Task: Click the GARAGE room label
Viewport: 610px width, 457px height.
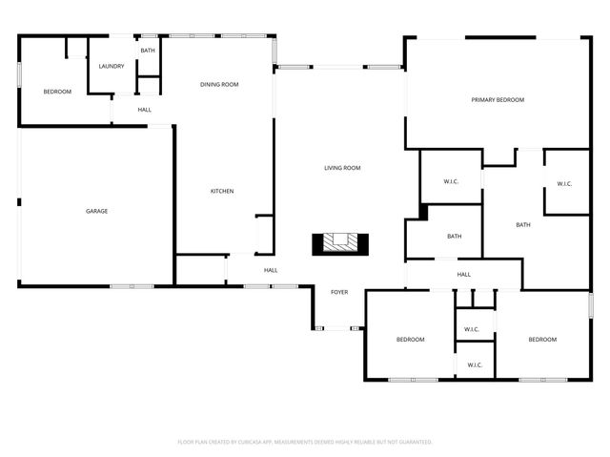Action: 96,211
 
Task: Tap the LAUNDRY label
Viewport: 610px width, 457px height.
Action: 112,66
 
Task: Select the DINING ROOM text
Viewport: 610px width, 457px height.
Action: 219,85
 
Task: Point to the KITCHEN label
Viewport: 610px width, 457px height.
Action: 222,191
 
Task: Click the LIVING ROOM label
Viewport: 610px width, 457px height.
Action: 342,168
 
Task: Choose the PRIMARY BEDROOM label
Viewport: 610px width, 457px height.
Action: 498,99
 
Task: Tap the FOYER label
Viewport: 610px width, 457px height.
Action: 339,292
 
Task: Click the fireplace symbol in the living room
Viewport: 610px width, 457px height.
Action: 339,243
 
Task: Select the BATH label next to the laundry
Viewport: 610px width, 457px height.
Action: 148,51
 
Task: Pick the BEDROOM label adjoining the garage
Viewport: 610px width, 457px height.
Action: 57,92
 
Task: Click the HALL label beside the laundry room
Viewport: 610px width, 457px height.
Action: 144,110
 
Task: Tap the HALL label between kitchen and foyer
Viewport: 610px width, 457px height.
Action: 271,270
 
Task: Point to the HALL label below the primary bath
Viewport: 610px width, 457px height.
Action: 464,275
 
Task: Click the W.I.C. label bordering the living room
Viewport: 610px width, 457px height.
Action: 452,181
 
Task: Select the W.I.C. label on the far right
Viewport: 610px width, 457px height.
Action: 564,184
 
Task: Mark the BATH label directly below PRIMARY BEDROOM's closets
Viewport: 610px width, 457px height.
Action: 523,225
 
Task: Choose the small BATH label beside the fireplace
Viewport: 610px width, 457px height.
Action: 455,237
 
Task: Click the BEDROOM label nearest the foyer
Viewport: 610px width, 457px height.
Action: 411,340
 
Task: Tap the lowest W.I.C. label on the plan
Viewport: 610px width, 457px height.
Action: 475,365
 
